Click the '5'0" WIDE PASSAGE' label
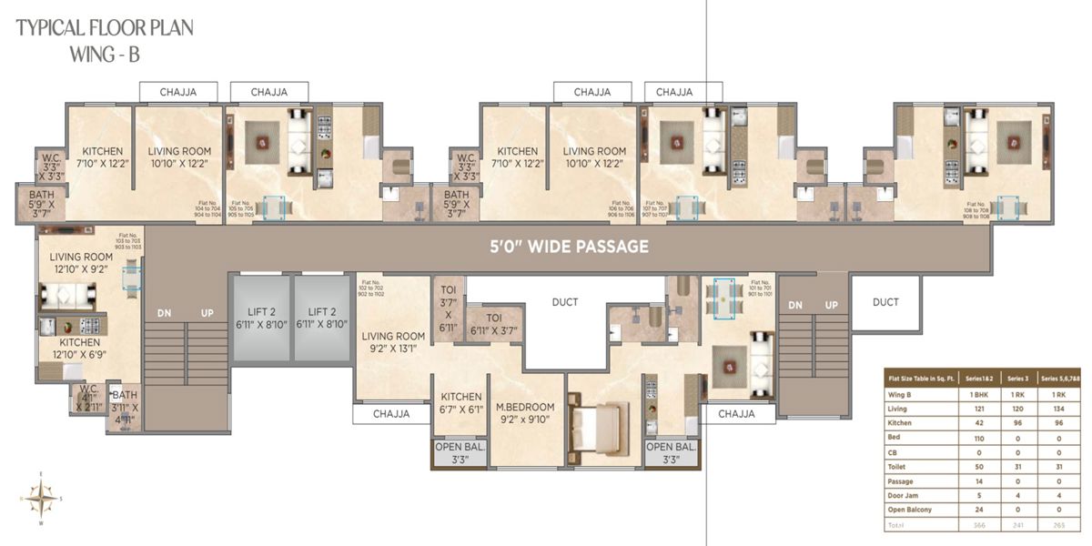(x=569, y=247)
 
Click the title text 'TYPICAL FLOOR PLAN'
(x=105, y=28)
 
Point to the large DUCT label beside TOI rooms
(x=565, y=302)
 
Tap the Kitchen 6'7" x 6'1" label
(x=461, y=403)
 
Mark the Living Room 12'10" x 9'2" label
(x=81, y=263)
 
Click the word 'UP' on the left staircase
(x=207, y=312)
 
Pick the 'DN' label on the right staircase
(x=795, y=305)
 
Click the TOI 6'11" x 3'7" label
(x=493, y=324)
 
